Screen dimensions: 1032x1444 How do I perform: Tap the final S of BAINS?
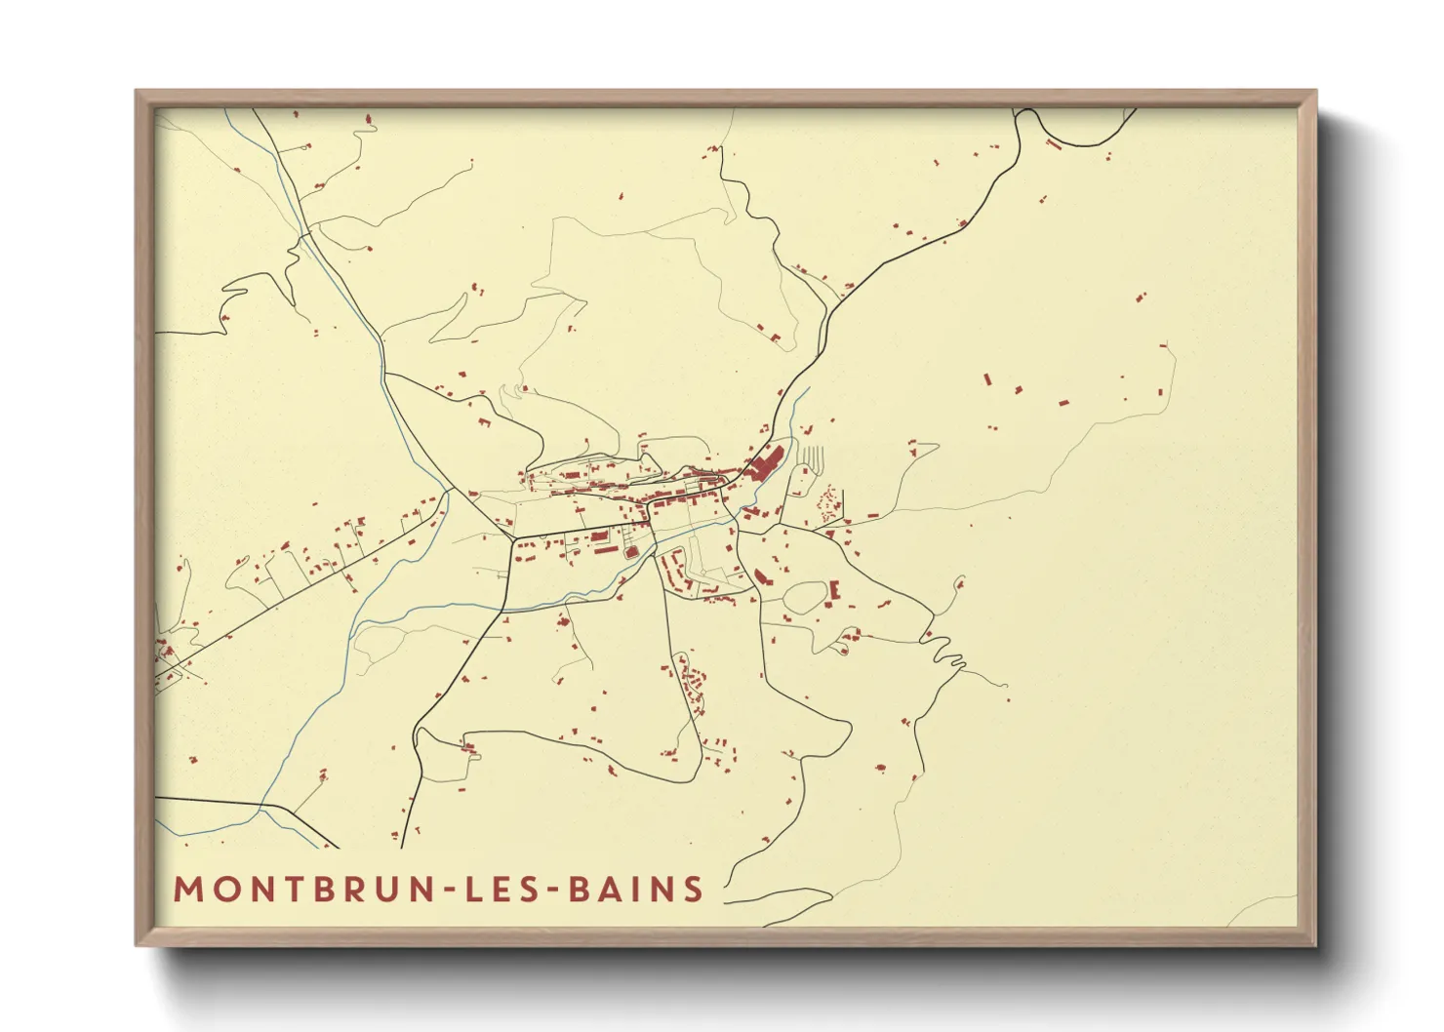coord(694,890)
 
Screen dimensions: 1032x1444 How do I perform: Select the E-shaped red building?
coord(833,590)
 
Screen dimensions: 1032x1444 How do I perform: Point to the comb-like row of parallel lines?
coord(812,456)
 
